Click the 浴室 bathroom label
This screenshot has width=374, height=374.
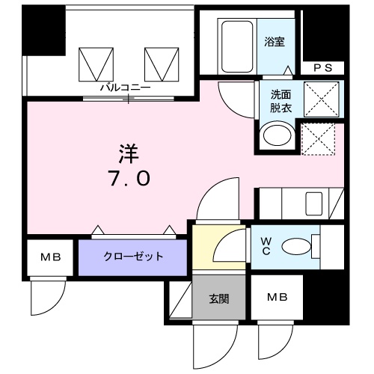(274, 43)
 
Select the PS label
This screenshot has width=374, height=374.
(322, 68)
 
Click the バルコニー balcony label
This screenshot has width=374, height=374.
(126, 88)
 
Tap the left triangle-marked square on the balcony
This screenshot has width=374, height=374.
(94, 62)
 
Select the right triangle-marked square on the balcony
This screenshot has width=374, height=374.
(159, 62)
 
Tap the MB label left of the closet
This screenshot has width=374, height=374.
(50, 257)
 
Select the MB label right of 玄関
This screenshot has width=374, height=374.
(277, 297)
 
